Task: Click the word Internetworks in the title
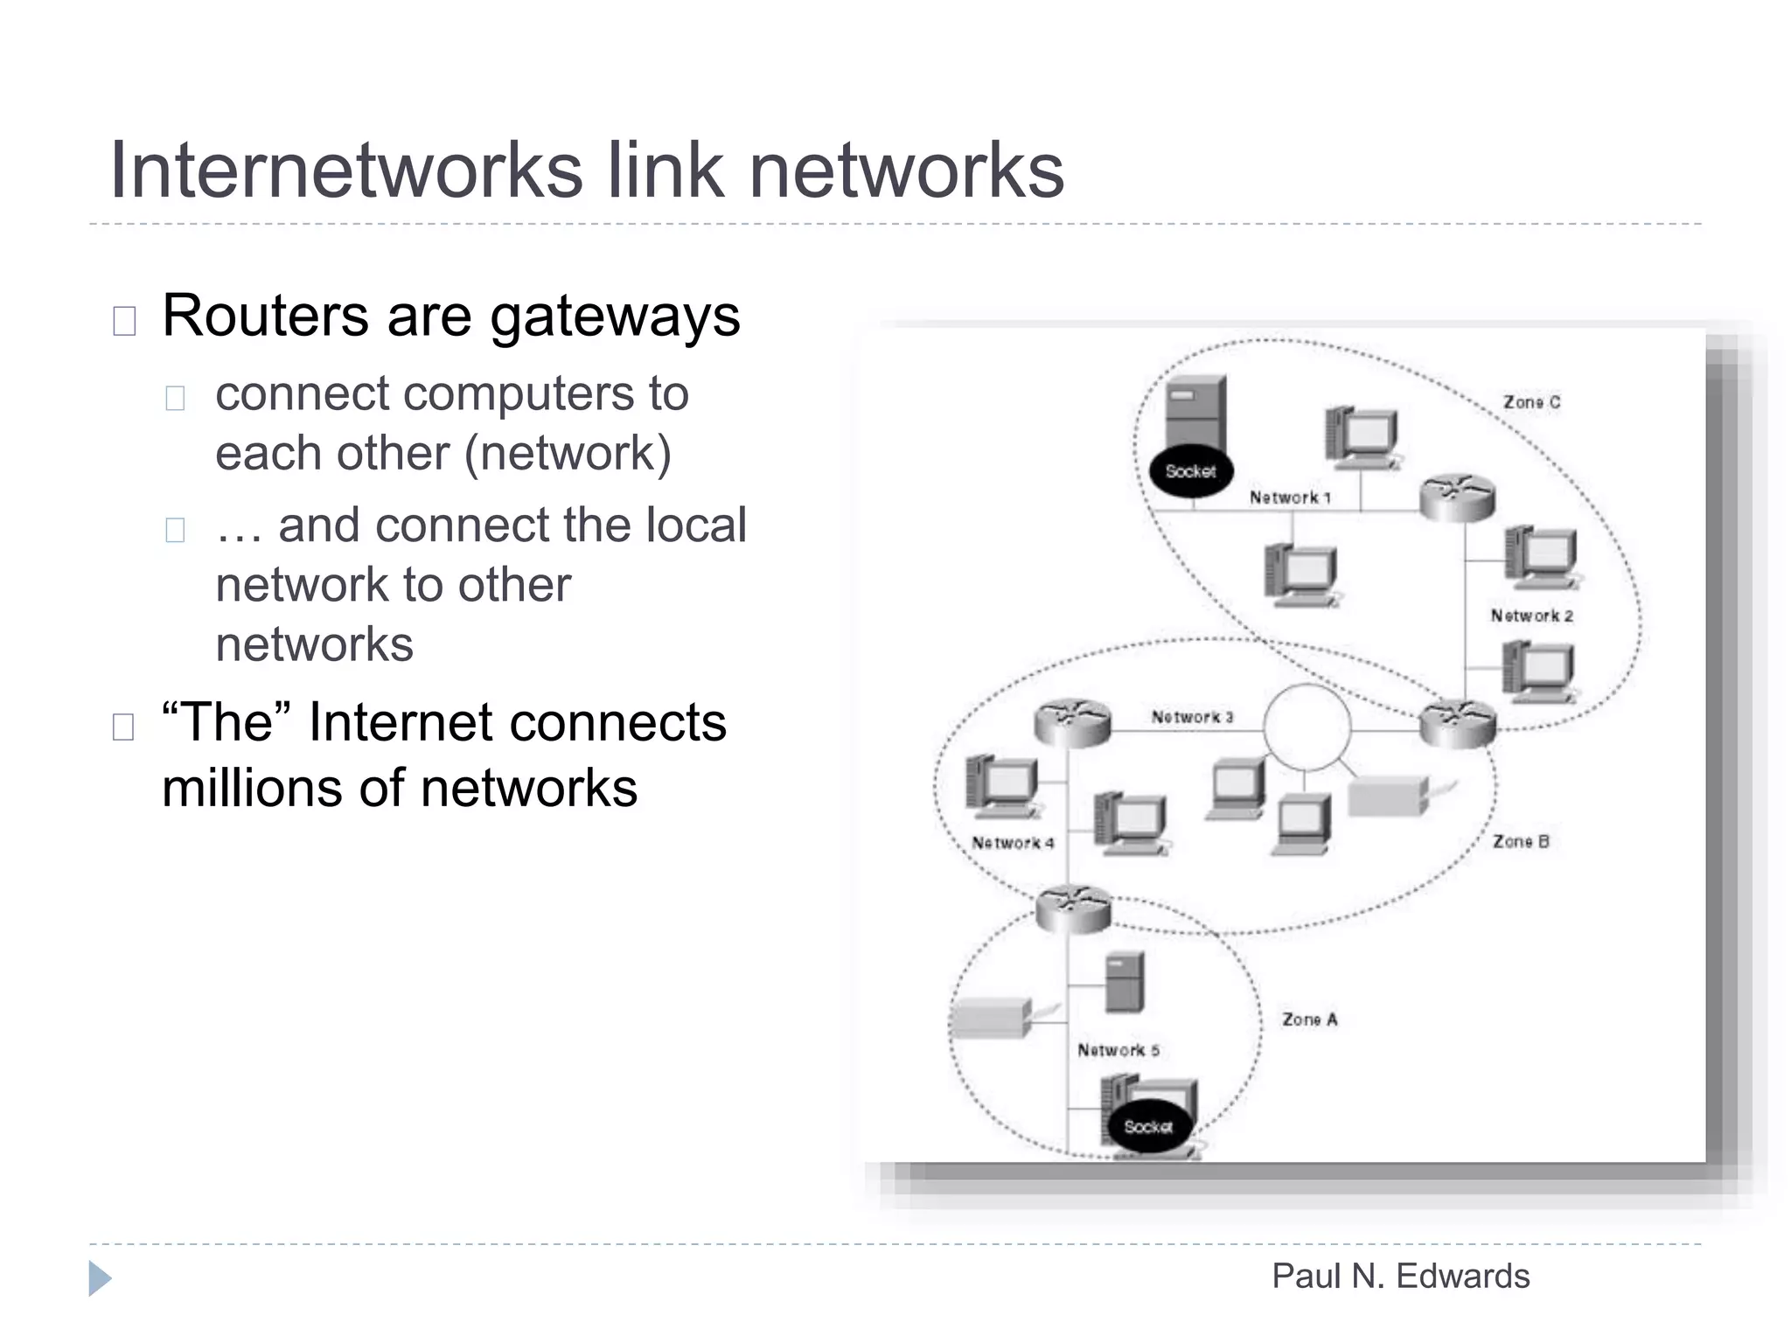345,170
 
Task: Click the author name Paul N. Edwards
1400,1276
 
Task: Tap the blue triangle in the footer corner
100,1278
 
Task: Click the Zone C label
1531,402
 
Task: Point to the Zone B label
1521,841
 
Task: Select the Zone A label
1309,1019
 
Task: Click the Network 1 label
1289,498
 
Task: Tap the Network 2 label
1531,616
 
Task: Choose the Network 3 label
1191,717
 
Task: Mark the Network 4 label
1013,843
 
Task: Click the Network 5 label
1118,1050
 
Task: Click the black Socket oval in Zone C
1190,471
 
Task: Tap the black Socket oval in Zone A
1147,1126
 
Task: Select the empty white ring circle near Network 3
1307,727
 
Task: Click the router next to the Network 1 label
1456,498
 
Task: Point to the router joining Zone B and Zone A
1073,908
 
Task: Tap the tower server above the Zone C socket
1196,411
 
